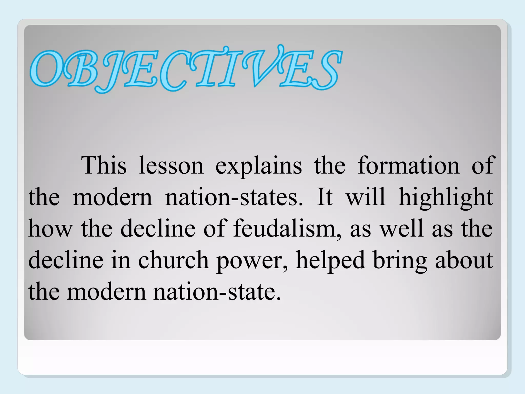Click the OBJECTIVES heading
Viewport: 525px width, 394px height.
tap(186, 69)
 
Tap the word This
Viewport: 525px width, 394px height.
tap(104, 165)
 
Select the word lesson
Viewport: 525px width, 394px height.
tap(171, 165)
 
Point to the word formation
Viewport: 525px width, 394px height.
tap(409, 165)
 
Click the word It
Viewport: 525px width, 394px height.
tap(325, 197)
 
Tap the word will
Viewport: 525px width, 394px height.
tap(366, 197)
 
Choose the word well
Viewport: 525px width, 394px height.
tap(401, 228)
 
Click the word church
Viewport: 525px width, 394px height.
tap(174, 260)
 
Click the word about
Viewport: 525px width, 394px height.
tap(464, 260)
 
